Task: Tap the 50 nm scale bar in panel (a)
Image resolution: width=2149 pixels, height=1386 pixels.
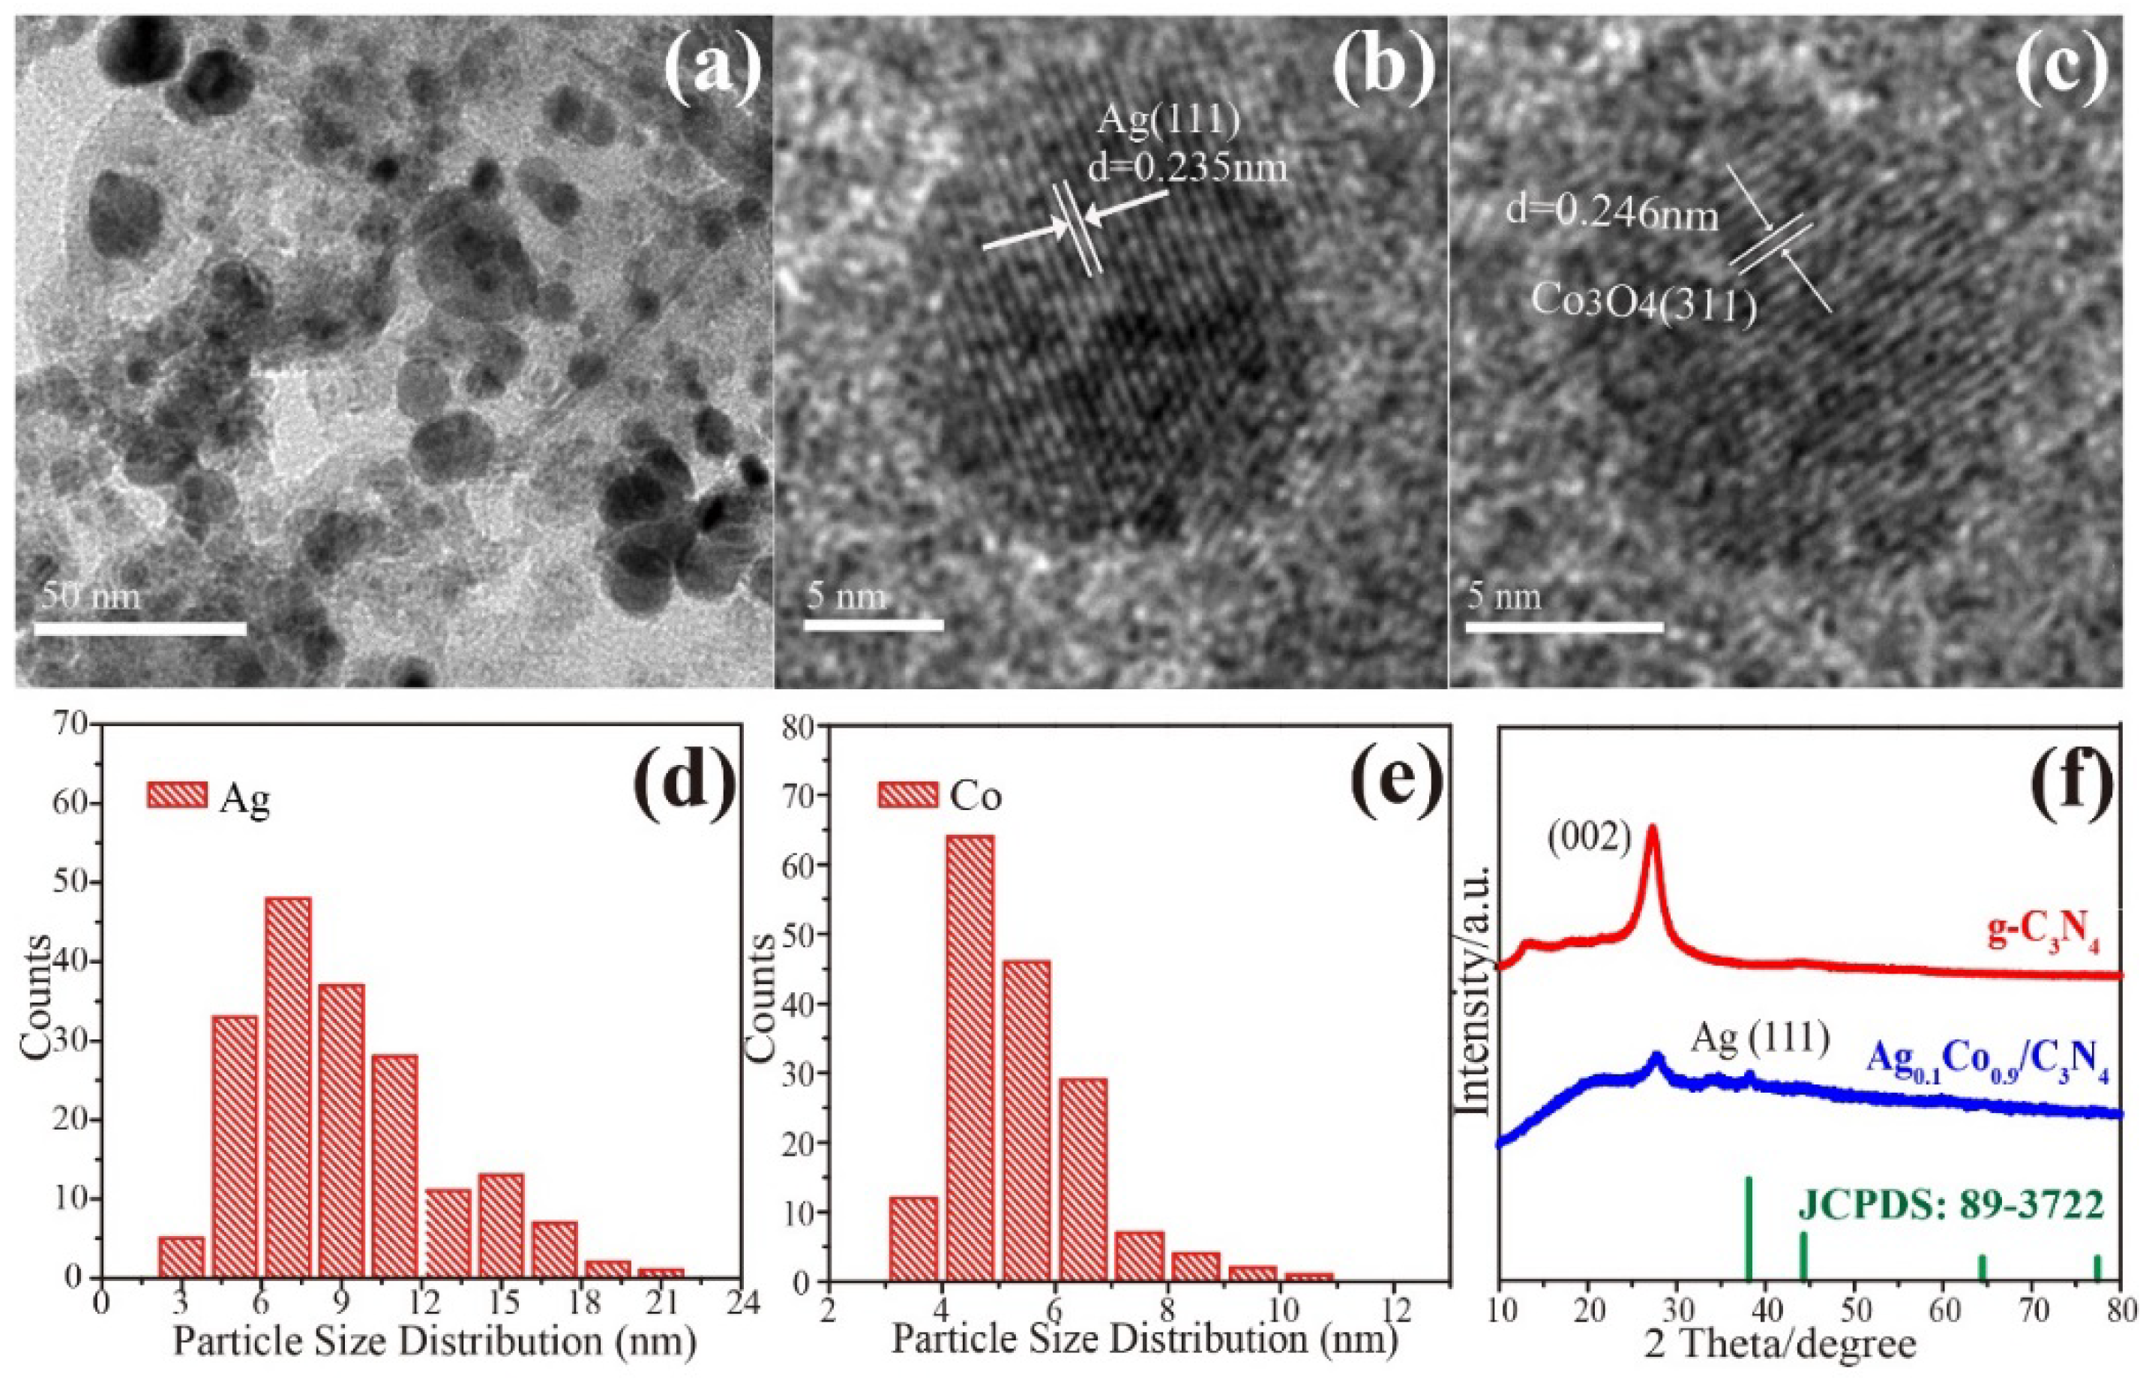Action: pos(139,628)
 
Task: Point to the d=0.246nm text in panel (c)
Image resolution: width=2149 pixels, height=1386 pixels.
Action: pos(1613,215)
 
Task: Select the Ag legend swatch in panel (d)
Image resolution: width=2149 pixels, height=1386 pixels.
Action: pos(176,796)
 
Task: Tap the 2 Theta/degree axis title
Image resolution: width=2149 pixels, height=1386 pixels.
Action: pos(1806,1345)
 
